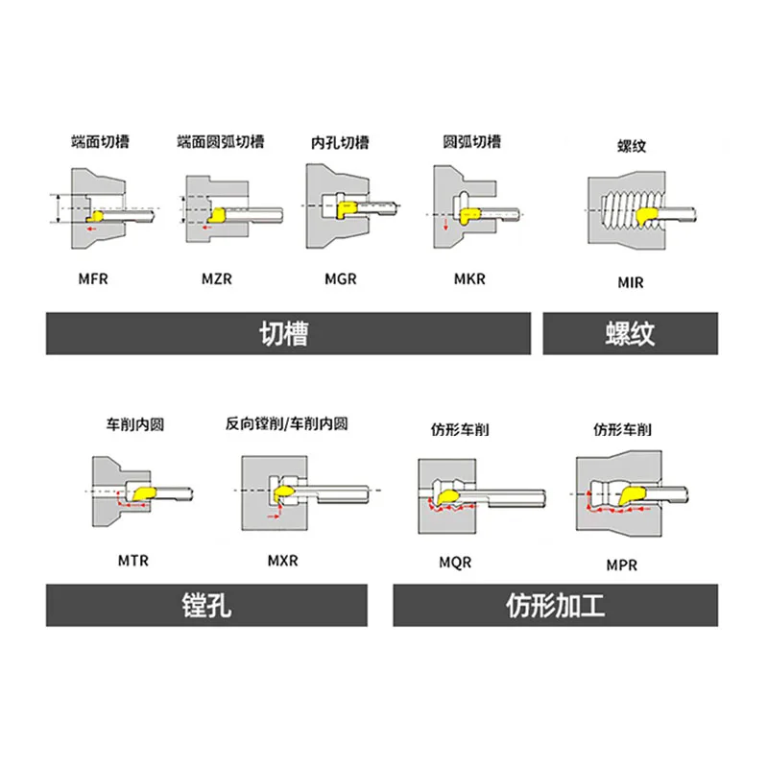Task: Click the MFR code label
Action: [x=93, y=279]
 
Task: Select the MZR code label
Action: [x=217, y=279]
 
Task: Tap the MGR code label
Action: [x=341, y=279]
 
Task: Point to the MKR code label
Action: [x=469, y=279]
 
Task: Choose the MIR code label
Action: [x=630, y=282]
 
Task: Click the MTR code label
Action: [x=133, y=560]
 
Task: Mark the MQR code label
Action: [x=455, y=562]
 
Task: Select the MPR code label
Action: [x=621, y=565]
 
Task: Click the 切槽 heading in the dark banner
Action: [x=287, y=333]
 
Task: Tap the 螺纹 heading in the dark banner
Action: [x=630, y=333]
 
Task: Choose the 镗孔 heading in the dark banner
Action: [x=206, y=606]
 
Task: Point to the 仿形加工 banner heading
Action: [x=556, y=606]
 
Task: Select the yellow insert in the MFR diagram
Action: [x=96, y=206]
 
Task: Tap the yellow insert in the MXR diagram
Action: [x=287, y=493]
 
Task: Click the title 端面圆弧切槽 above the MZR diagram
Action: [x=221, y=142]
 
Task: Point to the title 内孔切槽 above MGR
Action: [x=339, y=142]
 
